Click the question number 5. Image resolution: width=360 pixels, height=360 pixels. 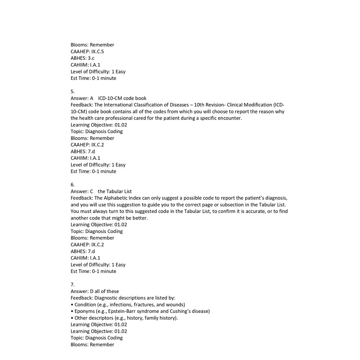pyautogui.click(x=72, y=91)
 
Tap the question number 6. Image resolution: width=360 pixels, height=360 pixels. pyautogui.click(x=72, y=185)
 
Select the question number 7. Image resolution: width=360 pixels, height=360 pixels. pyautogui.click(x=72, y=284)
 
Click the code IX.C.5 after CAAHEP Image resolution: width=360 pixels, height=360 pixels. pyautogui.click(x=98, y=51)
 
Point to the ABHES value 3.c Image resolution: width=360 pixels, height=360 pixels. pyautogui.click(x=91, y=58)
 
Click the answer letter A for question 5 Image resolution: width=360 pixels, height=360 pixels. pyautogui.click(x=91, y=98)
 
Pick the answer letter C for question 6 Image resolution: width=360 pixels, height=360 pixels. pyautogui.click(x=91, y=192)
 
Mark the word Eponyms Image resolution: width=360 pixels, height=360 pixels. pyautogui.click(x=85, y=311)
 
